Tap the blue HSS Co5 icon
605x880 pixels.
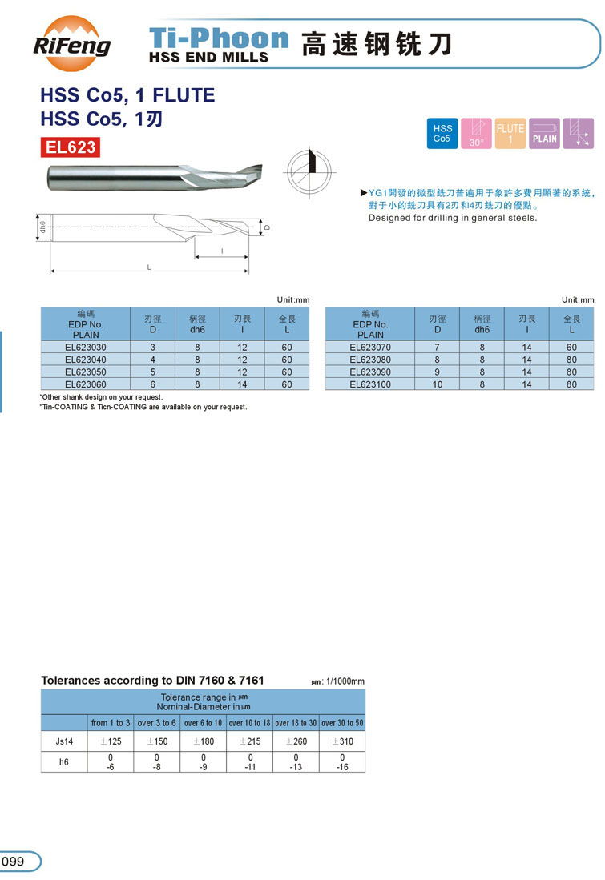tap(442, 133)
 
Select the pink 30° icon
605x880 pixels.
tap(477, 133)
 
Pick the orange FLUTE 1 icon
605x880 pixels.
tap(510, 133)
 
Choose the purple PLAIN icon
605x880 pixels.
tap(544, 133)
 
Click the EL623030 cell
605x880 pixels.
tap(86, 348)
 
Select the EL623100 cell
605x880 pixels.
tap(370, 384)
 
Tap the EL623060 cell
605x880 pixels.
tap(86, 384)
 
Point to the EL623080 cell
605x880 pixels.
tap(370, 360)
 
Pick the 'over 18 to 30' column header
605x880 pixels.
tap(296, 723)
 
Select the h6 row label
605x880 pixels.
tap(64, 762)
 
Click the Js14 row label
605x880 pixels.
tap(64, 741)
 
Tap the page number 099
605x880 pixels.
tap(14, 862)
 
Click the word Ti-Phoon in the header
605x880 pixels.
tap(219, 38)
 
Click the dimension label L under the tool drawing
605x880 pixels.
tap(149, 267)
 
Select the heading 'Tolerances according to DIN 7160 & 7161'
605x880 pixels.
tap(152, 681)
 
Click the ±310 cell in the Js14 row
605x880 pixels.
tap(342, 741)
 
